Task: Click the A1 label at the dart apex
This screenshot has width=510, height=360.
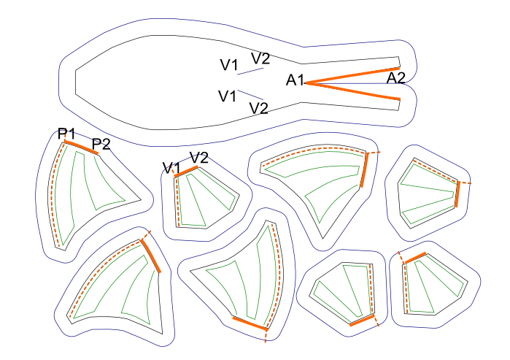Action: pos(294,80)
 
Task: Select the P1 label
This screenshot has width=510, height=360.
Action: pos(67,133)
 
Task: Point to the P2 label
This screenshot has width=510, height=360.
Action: pos(101,143)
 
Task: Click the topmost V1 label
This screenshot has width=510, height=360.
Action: pos(229,65)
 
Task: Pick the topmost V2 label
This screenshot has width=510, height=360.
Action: pos(260,58)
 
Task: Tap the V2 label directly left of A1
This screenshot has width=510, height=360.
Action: pos(259,108)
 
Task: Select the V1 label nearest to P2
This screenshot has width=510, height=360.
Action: pos(171,169)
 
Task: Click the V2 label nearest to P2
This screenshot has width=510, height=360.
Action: pos(199,157)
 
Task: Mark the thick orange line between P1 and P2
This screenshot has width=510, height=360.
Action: pos(81,148)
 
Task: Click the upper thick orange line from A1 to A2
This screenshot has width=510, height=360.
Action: pos(353,76)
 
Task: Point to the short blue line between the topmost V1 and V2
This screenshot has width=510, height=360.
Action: pos(251,71)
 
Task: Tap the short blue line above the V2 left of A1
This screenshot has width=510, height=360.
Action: pos(251,94)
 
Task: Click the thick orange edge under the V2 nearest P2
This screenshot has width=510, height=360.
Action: pos(187,172)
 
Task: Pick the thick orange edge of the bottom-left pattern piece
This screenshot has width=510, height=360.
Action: pos(151,255)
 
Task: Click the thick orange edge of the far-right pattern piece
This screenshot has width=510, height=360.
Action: pos(457,194)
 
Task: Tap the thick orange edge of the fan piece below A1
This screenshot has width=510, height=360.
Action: pos(364,169)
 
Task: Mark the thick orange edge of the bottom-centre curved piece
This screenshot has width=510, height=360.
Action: pos(250,323)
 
